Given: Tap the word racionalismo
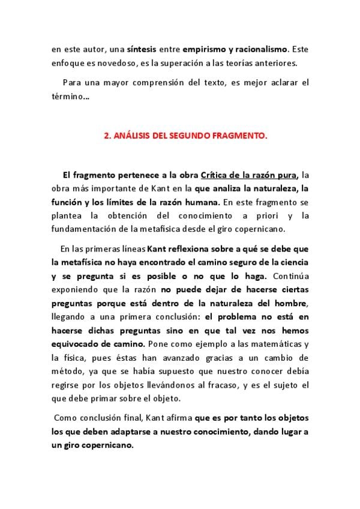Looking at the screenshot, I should (x=261, y=50).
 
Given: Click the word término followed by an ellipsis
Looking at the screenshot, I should (x=71, y=95).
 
